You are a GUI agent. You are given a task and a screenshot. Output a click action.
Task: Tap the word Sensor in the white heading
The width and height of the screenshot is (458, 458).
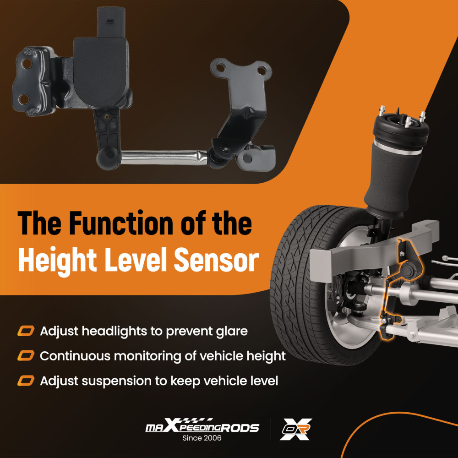217,260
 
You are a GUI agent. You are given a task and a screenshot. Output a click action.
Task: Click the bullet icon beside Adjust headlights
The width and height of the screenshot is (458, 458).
26,331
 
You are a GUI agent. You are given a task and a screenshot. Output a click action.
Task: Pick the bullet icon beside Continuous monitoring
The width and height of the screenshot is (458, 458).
26,356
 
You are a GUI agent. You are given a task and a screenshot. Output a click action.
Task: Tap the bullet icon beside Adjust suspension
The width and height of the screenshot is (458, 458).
26,381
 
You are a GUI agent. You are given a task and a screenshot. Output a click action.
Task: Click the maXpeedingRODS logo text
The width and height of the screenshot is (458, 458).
202,426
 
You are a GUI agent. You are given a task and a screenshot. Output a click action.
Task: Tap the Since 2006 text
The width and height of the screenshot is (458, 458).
202,438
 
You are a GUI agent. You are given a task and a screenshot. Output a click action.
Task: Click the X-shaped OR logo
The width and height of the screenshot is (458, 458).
296,429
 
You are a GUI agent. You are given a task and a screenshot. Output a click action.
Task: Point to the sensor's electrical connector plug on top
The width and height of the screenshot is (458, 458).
111,22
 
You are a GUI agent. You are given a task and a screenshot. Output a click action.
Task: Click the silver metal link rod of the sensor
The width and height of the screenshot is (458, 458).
164,157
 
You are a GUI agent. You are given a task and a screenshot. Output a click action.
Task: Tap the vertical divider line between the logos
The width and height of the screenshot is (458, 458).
270,429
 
